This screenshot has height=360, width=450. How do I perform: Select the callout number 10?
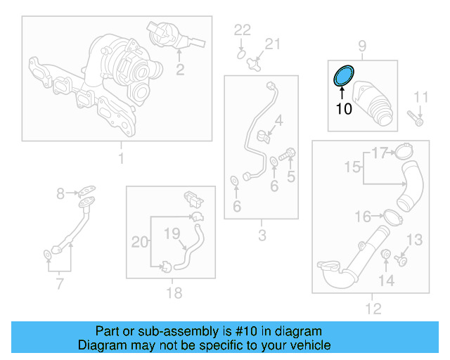tap(343, 109)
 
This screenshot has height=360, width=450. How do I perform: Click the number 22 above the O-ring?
tap(242, 30)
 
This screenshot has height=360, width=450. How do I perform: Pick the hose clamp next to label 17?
tap(404, 151)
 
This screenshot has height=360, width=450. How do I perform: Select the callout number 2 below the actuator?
tap(180, 69)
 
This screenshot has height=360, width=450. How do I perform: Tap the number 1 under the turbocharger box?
tap(120, 159)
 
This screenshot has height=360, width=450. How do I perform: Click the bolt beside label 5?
tap(287, 153)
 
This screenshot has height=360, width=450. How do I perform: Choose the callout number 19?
tap(172, 233)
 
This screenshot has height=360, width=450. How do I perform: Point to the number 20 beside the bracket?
tap(141, 243)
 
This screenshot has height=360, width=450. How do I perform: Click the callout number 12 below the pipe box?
tap(373, 308)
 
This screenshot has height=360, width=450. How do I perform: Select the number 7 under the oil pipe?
tap(59, 284)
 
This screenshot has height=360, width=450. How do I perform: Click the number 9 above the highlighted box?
tap(362, 47)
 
